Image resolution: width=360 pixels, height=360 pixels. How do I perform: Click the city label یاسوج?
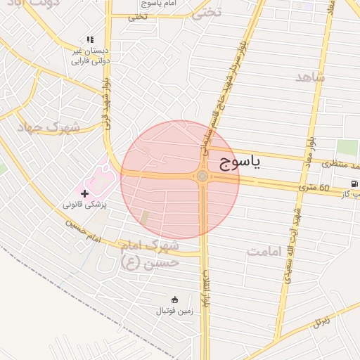point(236,163)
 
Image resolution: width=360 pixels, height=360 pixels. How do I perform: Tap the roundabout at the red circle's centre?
point(202,176)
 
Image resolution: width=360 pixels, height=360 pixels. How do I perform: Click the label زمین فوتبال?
point(174,309)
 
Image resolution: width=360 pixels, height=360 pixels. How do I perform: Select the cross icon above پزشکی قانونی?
point(85,193)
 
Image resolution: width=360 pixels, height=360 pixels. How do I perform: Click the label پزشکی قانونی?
point(84,205)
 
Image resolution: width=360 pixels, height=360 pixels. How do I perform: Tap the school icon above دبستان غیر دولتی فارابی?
point(89,39)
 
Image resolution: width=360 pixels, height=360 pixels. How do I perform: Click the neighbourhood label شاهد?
point(311,77)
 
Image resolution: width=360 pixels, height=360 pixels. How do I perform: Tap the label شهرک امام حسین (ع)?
point(150,255)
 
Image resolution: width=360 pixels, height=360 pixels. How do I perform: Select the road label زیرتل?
point(321,322)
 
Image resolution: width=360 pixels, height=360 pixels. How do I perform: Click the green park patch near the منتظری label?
point(347,148)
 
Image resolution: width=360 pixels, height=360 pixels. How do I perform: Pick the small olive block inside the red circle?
point(145,218)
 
